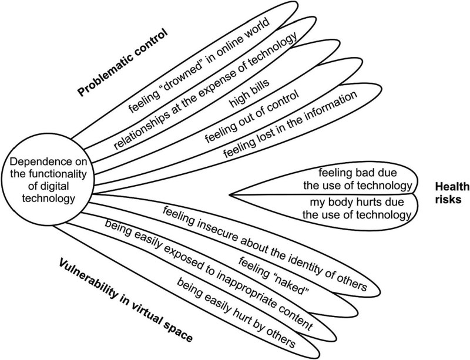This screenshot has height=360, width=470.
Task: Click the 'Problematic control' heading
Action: click(122, 63)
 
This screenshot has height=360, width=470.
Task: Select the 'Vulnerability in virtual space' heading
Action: click(126, 301)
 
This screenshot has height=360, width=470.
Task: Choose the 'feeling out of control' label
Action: click(252, 116)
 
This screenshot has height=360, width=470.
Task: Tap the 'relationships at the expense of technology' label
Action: click(206, 90)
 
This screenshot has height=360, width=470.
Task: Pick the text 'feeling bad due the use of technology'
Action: click(358, 179)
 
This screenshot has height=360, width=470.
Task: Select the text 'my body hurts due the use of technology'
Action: click(357, 208)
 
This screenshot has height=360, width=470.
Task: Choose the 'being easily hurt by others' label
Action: click(237, 312)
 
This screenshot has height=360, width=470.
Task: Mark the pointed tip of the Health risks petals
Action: click(230, 195)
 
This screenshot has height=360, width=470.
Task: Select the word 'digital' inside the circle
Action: click(54, 187)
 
